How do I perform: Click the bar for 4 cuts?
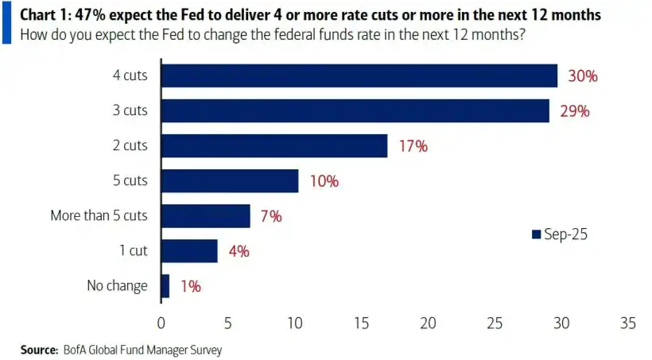click(359, 76)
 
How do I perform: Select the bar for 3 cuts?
click(355, 111)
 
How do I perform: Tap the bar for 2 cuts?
click(274, 146)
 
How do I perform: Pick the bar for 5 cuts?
click(229, 181)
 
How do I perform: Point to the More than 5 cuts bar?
click(205, 216)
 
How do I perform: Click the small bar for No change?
click(165, 286)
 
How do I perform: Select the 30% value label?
click(581, 77)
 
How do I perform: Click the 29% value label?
click(573, 112)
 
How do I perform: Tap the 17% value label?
click(412, 147)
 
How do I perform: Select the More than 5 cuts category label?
click(99, 216)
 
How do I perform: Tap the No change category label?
click(117, 286)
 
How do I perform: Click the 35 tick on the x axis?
click(628, 323)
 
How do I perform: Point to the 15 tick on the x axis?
click(361, 323)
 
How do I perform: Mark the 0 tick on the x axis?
click(161, 323)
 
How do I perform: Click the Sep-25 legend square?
click(536, 234)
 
